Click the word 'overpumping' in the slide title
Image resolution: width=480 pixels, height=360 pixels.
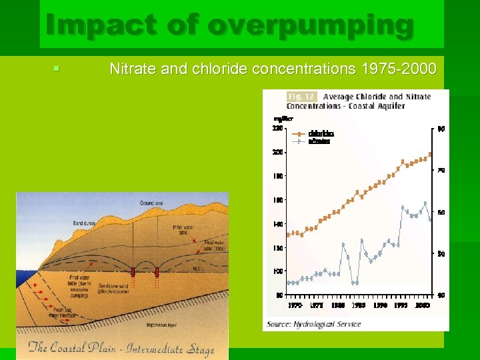(311, 25)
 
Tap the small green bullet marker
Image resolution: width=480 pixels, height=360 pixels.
(57, 68)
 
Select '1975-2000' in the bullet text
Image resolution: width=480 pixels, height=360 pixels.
(398, 69)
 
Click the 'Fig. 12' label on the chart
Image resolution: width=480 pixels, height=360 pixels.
(301, 97)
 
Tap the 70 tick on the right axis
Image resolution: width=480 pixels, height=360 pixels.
(441, 171)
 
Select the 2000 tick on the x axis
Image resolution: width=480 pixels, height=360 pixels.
(423, 305)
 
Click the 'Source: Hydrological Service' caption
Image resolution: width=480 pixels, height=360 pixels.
(313, 324)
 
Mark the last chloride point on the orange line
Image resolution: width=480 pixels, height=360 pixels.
(431, 154)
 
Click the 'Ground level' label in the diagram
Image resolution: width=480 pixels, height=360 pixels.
(151, 202)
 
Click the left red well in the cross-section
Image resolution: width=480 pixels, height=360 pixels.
(133, 271)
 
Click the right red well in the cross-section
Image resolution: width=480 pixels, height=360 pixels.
(157, 271)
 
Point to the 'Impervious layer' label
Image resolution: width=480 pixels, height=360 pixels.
(163, 325)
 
